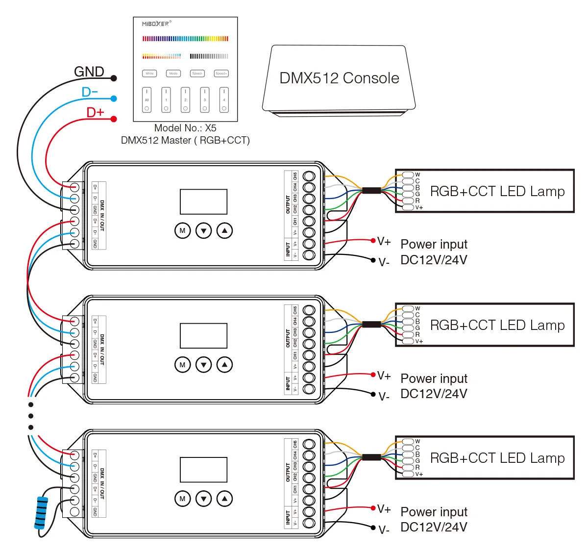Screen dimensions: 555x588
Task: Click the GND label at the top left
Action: (x=89, y=72)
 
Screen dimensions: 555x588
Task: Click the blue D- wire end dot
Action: (x=114, y=99)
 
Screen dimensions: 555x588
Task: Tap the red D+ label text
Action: (x=95, y=112)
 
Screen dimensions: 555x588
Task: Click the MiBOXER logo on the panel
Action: (x=156, y=24)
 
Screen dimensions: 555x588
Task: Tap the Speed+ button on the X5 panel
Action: (x=221, y=74)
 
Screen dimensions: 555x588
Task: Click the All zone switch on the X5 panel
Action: (x=147, y=100)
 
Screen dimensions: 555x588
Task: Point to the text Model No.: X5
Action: (x=185, y=128)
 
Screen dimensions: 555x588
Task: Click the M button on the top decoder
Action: (x=182, y=230)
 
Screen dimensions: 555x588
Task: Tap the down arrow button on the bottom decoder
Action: (x=203, y=499)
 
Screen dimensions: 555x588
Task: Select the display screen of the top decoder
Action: (x=203, y=202)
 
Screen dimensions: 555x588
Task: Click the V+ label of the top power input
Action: (x=384, y=242)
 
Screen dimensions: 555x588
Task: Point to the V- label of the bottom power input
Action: (x=384, y=530)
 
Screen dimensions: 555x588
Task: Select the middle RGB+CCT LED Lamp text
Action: (x=497, y=325)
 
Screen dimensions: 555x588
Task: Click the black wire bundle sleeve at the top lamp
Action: (x=371, y=190)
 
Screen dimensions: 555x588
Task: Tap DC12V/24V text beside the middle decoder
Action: (x=434, y=394)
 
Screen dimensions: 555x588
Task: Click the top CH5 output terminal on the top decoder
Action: (x=309, y=176)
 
